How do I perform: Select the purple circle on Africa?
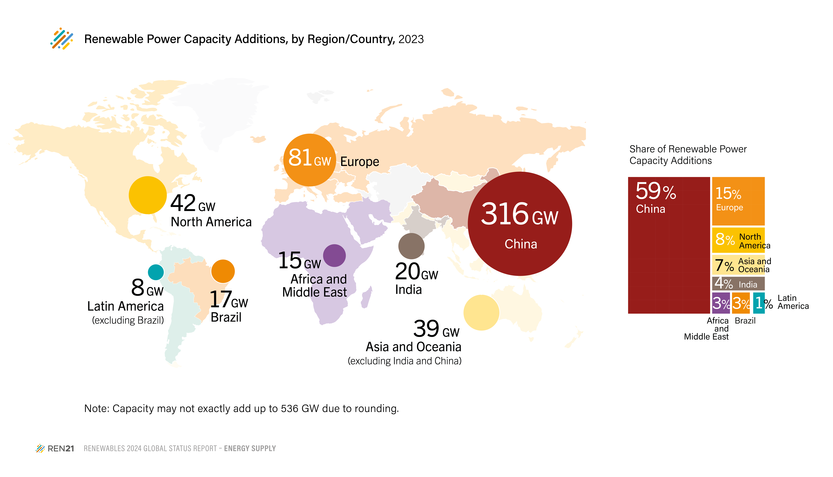tap(334, 256)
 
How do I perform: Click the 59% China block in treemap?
tap(669, 245)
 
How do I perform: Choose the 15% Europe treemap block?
tap(738, 201)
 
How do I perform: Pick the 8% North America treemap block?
tap(738, 240)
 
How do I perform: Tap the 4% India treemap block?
tap(738, 283)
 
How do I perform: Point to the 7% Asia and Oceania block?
tap(738, 265)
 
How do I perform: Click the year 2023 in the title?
tap(411, 39)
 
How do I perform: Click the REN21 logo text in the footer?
tap(61, 448)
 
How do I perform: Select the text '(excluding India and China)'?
tap(404, 361)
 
